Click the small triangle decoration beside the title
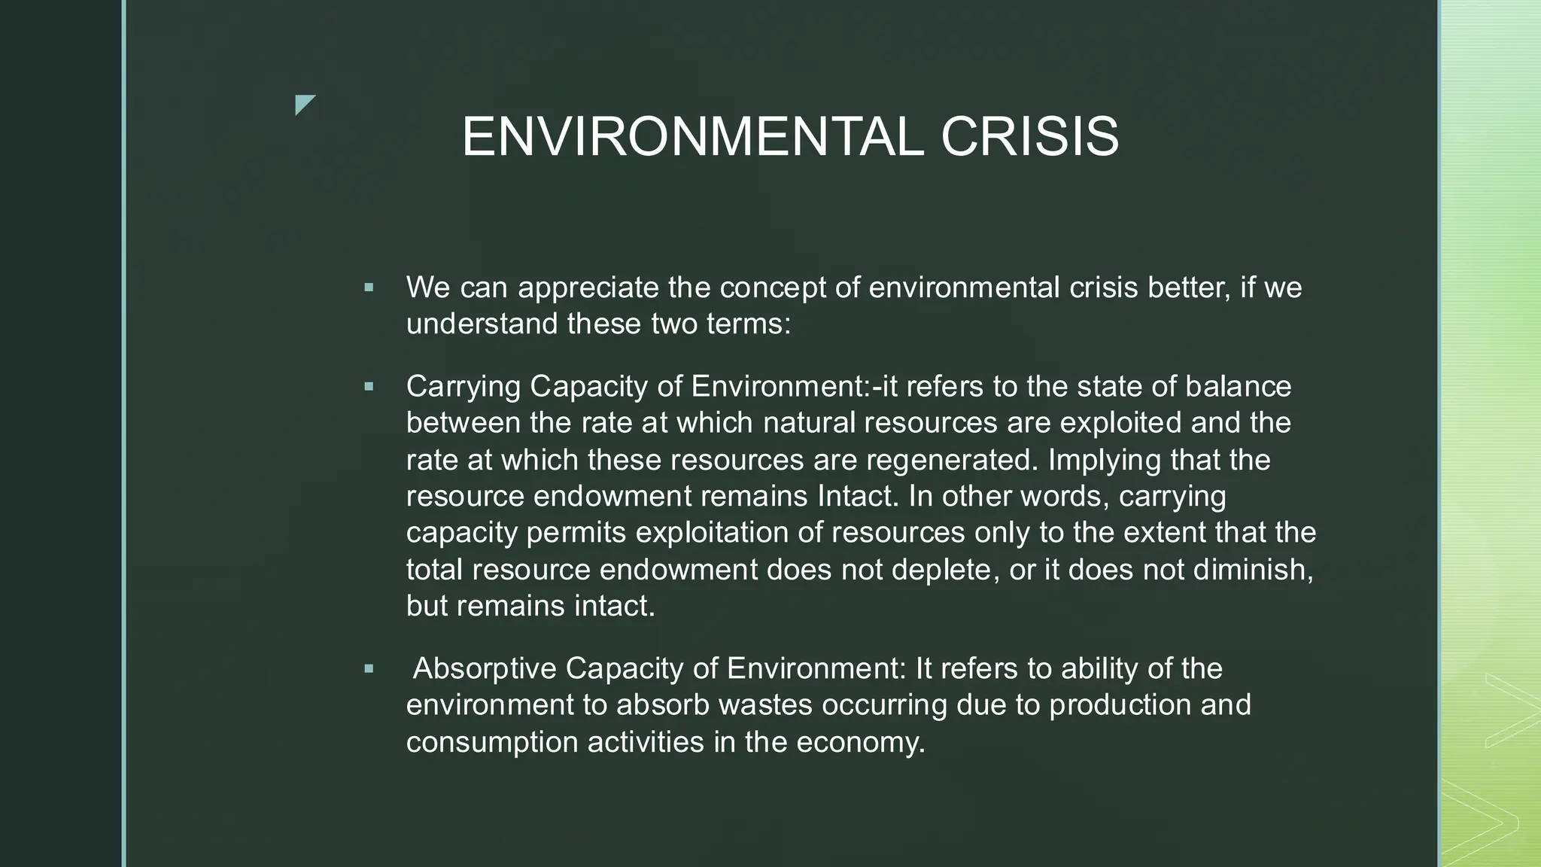(x=304, y=105)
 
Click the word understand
(x=482, y=324)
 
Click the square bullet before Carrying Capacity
(x=368, y=387)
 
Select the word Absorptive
(x=485, y=668)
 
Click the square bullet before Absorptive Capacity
(x=368, y=668)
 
